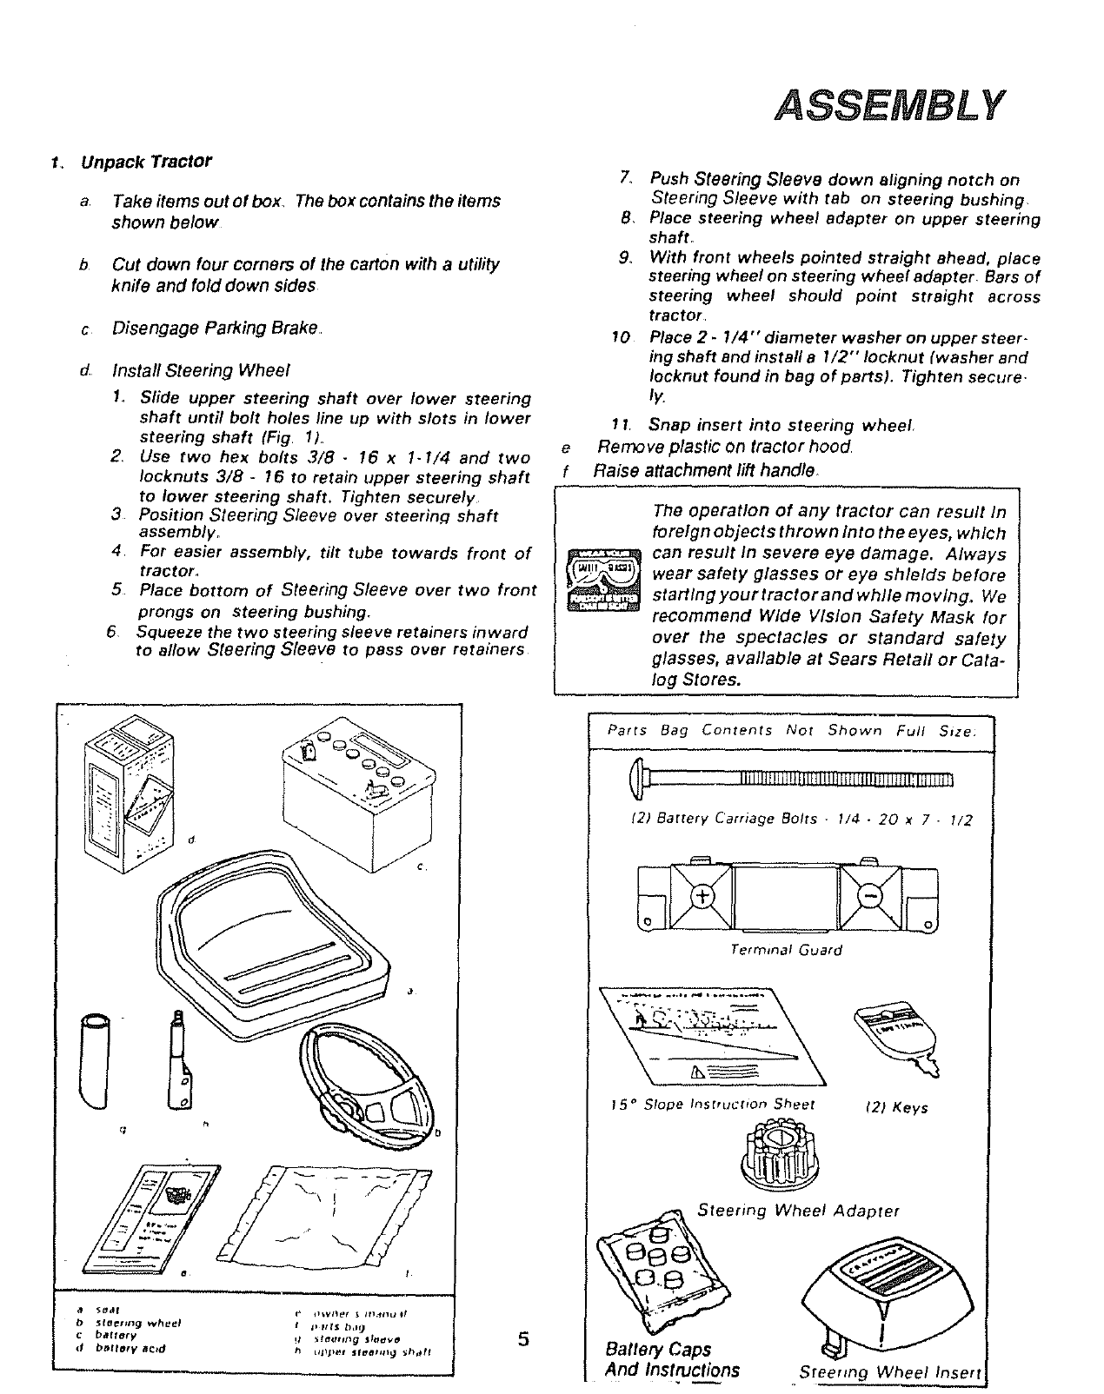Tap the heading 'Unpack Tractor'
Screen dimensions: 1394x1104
(146, 163)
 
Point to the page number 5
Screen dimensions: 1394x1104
(522, 1338)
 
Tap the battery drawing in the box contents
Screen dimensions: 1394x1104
(356, 785)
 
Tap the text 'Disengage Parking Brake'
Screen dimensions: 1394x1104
(216, 329)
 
